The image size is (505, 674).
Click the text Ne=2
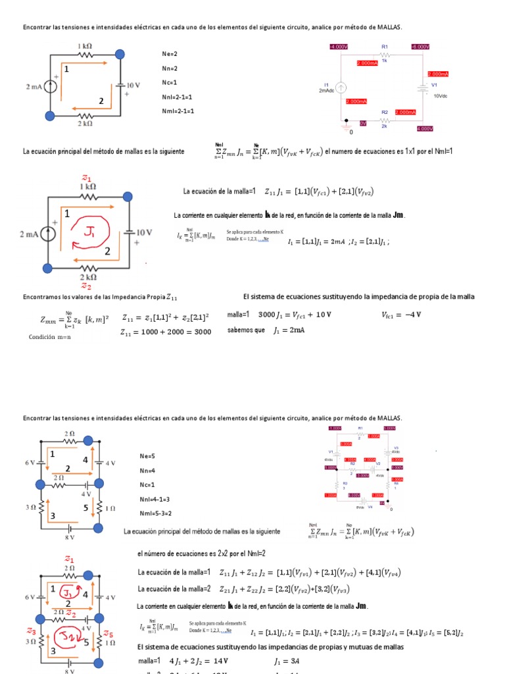(170, 53)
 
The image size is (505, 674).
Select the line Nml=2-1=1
(178, 111)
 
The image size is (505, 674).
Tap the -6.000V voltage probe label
(420, 47)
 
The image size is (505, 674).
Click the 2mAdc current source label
(326, 90)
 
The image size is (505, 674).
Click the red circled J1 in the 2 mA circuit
(89, 233)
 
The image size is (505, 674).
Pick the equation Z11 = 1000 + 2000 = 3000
(166, 332)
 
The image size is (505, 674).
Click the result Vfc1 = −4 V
(401, 315)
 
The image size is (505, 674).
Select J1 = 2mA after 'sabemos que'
(289, 330)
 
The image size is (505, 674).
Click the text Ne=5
(147, 455)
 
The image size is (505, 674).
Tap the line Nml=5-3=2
(156, 513)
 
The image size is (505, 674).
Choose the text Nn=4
(147, 470)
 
